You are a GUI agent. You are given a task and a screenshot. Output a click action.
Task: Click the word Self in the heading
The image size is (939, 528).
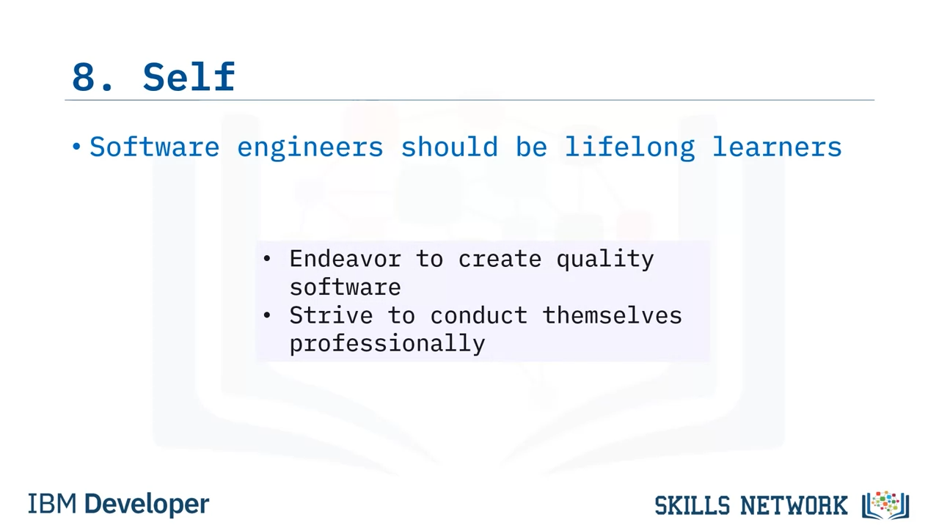click(189, 76)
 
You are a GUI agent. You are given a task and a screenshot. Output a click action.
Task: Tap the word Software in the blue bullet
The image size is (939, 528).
click(155, 147)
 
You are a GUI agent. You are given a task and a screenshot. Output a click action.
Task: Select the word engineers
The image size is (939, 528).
click(310, 149)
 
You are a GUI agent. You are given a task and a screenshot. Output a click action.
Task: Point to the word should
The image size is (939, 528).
click(450, 147)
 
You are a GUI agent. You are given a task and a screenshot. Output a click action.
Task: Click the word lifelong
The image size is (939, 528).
click(630, 149)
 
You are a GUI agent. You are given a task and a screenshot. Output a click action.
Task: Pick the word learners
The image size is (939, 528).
click(777, 147)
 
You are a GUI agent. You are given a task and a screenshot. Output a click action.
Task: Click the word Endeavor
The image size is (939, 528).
click(346, 259)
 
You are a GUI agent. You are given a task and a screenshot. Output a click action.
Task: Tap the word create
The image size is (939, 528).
click(500, 260)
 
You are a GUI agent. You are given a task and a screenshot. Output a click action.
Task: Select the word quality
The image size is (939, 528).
click(605, 260)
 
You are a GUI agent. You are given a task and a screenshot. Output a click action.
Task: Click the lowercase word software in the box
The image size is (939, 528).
click(346, 287)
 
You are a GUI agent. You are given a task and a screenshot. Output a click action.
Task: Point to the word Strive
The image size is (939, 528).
click(331, 315)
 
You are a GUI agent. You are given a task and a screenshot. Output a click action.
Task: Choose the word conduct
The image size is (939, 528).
click(479, 315)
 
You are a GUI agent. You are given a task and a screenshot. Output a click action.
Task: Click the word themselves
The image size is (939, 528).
click(613, 315)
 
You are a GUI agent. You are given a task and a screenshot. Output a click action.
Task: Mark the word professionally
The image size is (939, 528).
click(387, 345)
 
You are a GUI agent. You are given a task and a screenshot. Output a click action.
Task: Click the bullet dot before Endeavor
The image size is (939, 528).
click(267, 259)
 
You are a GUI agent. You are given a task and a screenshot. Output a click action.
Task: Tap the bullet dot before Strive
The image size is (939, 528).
click(267, 315)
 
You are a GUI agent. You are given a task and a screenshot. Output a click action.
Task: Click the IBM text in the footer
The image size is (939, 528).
click(52, 504)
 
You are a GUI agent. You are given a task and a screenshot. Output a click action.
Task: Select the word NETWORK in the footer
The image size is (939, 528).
click(794, 505)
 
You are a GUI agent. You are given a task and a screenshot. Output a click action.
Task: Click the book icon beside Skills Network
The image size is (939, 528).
click(885, 505)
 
